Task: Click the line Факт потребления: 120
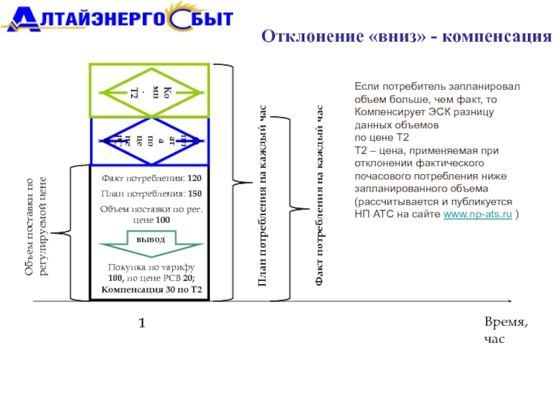(151, 178)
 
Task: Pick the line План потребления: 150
(151, 193)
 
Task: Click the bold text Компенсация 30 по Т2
(151, 289)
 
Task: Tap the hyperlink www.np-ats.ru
(478, 215)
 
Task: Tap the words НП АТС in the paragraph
(370, 215)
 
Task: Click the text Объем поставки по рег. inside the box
(151, 208)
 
